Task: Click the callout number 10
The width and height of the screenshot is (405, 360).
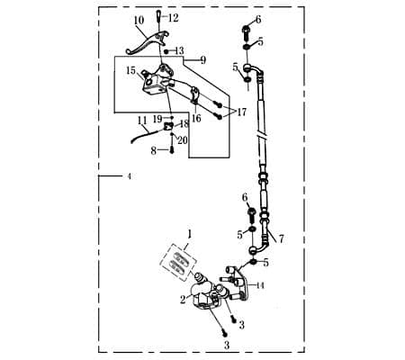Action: click(139, 20)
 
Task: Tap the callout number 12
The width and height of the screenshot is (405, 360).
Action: click(174, 18)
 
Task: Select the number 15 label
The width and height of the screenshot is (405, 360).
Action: click(131, 70)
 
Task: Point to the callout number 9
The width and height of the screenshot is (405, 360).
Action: click(203, 60)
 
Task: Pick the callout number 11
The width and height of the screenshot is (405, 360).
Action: click(141, 120)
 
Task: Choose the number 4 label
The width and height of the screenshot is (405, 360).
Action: click(129, 177)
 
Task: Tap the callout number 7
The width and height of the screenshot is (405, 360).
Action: click(281, 239)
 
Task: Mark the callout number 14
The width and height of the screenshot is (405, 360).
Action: click(260, 284)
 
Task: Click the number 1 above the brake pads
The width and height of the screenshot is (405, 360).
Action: click(189, 234)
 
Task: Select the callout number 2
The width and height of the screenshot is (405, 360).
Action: click(183, 300)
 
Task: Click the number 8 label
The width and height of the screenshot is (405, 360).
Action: click(154, 150)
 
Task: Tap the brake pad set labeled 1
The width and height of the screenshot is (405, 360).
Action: click(179, 261)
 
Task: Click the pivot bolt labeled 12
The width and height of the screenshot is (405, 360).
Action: click(160, 20)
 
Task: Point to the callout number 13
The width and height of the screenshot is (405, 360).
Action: click(179, 51)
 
